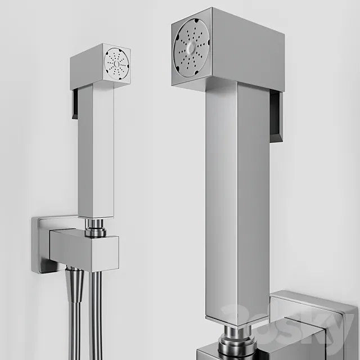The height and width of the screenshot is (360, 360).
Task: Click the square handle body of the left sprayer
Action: pos(95,152)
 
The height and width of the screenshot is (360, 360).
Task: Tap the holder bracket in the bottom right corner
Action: pos(315,326)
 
